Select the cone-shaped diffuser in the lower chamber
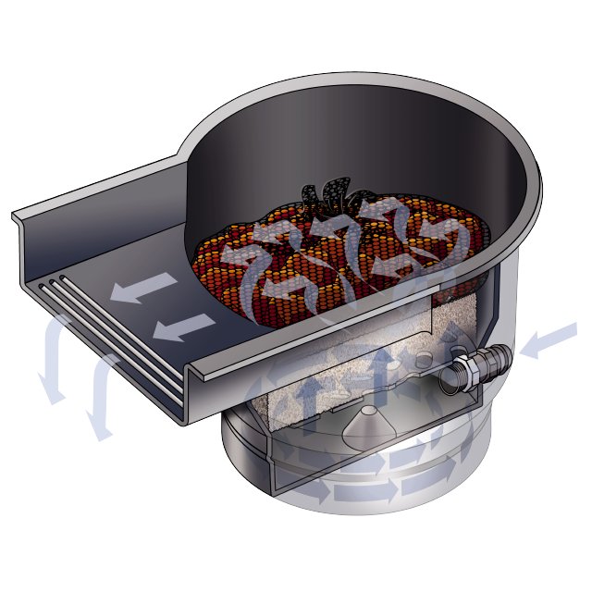[x=369, y=421]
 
